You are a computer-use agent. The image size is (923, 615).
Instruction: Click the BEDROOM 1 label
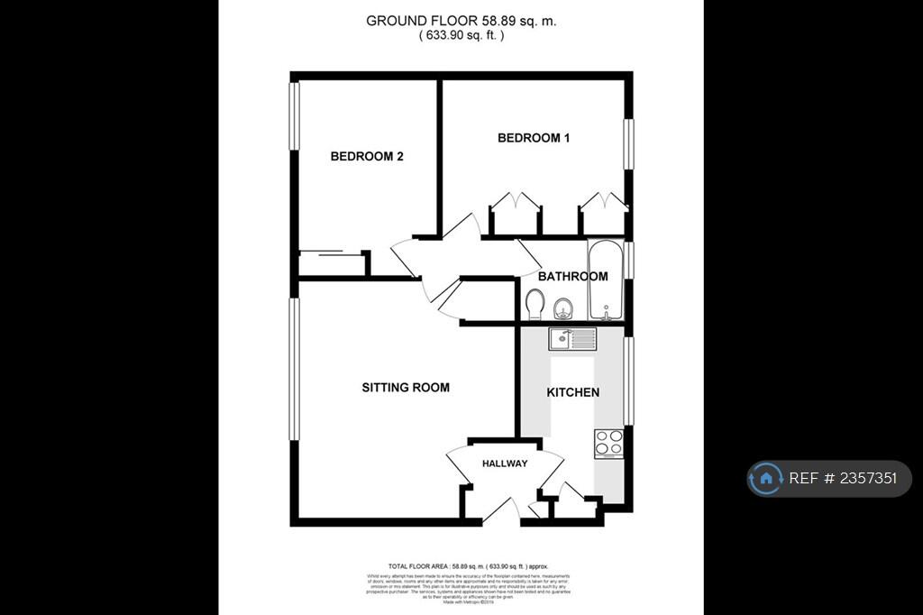[x=534, y=138]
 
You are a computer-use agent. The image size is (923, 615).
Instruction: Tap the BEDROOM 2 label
[x=366, y=156]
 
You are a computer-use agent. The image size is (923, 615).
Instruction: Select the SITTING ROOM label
[x=406, y=388]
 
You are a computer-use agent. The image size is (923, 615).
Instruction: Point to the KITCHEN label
[x=573, y=392]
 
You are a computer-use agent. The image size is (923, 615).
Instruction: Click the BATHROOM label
[x=572, y=276]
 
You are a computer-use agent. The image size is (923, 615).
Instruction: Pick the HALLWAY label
[x=505, y=464]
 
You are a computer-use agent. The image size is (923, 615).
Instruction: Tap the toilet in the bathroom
[x=534, y=304]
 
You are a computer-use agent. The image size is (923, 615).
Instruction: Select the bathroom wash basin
[x=564, y=307]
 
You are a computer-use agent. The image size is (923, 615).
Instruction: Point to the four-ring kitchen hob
[x=609, y=443]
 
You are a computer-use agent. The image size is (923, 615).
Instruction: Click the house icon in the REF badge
[x=766, y=479]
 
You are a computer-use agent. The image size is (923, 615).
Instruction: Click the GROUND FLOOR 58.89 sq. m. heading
[x=461, y=20]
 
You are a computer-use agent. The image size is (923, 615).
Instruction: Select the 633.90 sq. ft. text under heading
[x=461, y=35]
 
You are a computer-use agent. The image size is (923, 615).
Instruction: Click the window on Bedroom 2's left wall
[x=294, y=117]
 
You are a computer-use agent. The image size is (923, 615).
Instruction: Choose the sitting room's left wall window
[x=294, y=369]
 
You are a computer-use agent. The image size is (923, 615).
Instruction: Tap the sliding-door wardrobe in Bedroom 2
[x=332, y=263]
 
